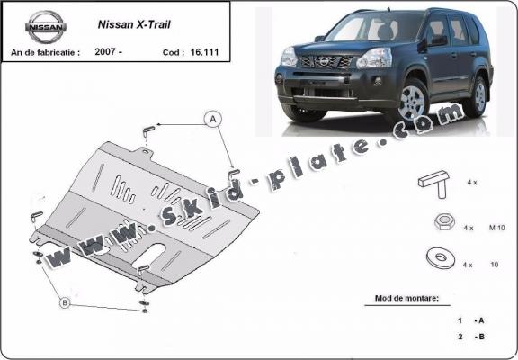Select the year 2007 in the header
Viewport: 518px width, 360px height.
(x=104, y=51)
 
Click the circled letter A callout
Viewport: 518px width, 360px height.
(x=213, y=118)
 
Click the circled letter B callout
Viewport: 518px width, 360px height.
(x=65, y=302)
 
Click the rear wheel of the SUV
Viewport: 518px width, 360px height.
(x=478, y=95)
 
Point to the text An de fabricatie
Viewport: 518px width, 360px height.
(x=45, y=51)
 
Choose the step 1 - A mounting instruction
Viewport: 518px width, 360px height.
(x=471, y=319)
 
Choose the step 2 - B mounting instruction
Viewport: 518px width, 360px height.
(x=471, y=337)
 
